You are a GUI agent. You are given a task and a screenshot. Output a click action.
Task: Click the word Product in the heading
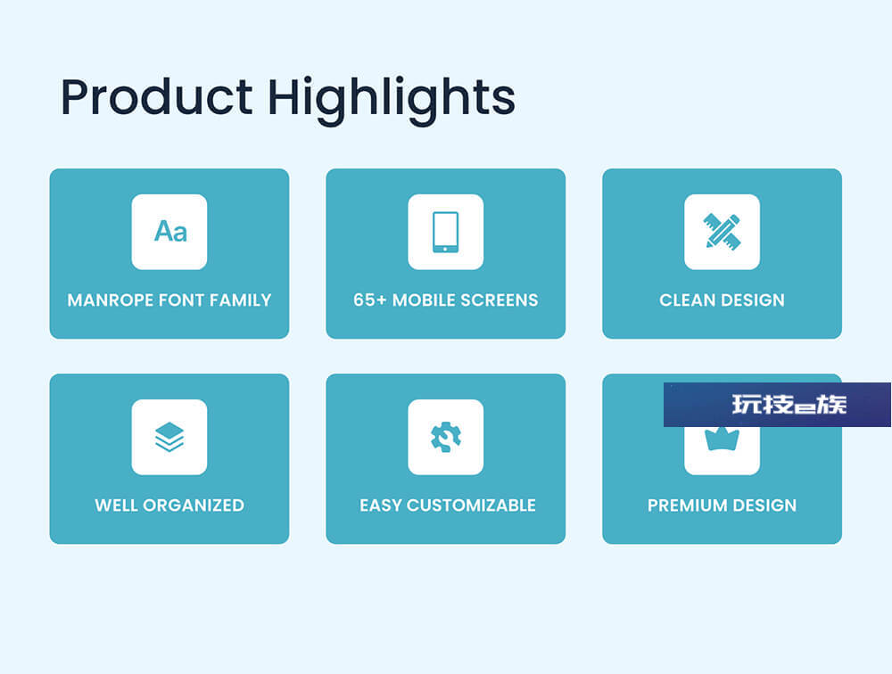click(156, 97)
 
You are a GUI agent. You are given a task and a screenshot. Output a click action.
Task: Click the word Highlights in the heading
click(392, 101)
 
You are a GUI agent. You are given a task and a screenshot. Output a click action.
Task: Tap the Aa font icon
click(170, 232)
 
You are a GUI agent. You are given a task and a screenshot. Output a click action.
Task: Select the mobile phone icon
click(445, 232)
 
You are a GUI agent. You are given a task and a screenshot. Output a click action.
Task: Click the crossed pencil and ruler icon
click(722, 232)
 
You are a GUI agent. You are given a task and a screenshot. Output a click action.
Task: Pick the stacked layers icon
click(169, 437)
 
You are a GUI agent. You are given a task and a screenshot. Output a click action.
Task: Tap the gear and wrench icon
click(446, 437)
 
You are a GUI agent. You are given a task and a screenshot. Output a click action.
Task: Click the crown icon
click(722, 439)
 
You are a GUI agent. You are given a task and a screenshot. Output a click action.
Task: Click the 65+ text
click(370, 300)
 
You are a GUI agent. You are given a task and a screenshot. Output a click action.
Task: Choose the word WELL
click(116, 505)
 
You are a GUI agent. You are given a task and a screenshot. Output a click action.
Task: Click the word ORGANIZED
click(194, 505)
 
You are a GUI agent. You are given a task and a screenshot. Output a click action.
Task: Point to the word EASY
click(381, 505)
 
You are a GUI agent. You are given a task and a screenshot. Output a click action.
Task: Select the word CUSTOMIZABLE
click(472, 505)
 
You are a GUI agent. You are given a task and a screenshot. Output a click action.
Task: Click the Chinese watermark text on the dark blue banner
click(789, 405)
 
